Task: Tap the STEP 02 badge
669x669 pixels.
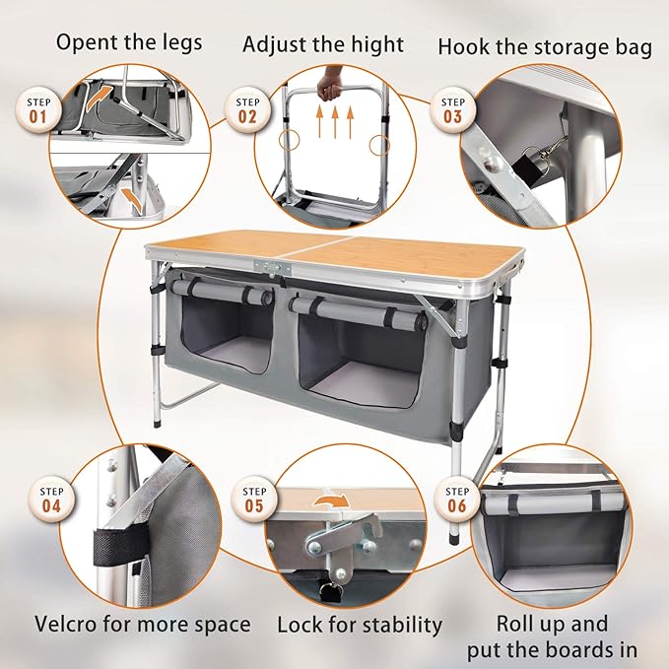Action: coord(245,108)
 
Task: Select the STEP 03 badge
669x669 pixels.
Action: coord(451,108)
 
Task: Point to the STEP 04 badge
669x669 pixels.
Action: coord(51,498)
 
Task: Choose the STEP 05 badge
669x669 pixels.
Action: coord(254,498)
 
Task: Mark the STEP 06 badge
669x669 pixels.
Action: coord(457,498)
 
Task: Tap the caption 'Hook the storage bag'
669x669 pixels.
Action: coord(545,46)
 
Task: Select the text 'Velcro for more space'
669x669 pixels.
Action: coord(142,624)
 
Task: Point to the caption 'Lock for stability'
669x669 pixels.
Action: coord(360,624)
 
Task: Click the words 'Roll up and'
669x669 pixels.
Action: coord(551,624)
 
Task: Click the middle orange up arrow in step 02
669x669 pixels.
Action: coord(336,126)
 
